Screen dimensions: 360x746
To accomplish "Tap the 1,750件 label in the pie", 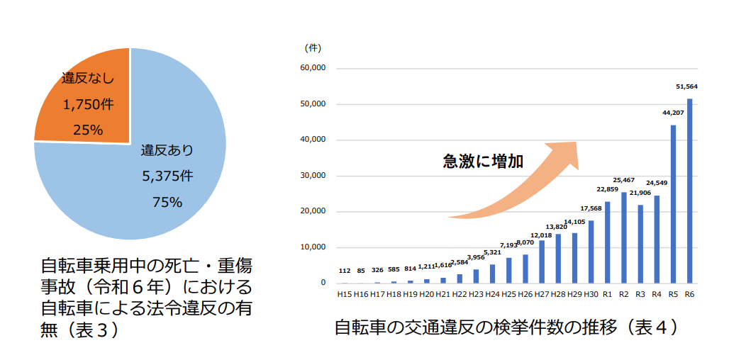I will point(88,104).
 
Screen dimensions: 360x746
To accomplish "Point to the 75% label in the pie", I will point(167,202).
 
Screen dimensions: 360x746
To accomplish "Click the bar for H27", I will point(542,261).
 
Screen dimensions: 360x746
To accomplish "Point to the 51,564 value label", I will point(686,86).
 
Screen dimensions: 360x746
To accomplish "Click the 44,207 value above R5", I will point(673,113).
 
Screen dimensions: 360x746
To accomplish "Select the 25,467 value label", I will point(624,180).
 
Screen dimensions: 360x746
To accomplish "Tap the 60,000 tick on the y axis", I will point(313,69).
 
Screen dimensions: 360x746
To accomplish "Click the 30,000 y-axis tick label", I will point(313,176).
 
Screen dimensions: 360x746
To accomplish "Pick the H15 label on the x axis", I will point(345,293).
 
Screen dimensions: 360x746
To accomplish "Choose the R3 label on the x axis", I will point(640,293).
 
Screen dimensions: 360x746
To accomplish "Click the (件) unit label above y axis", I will point(313,48).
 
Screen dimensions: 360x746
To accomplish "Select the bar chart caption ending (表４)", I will point(506,327).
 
